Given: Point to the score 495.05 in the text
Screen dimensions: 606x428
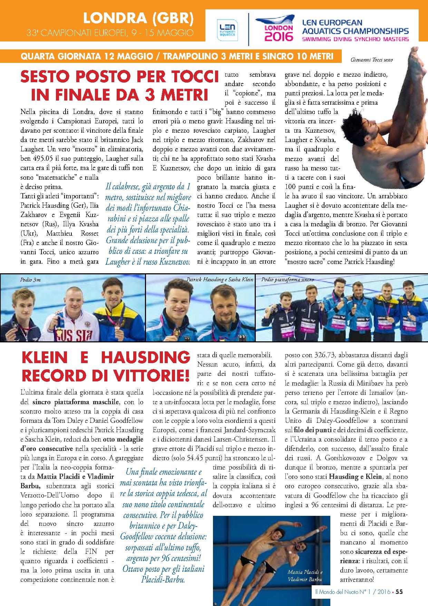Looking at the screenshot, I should tap(43, 158).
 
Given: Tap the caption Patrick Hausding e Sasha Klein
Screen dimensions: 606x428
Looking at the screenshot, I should tap(220, 280).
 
